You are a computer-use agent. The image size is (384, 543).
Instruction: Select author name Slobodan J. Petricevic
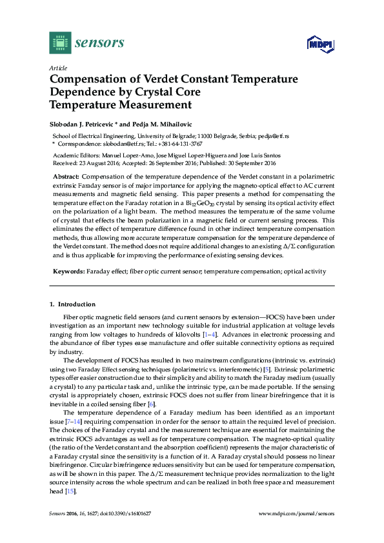(86, 123)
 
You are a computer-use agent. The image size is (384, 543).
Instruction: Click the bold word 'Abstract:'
(65, 176)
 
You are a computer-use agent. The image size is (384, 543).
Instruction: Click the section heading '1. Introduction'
(72, 304)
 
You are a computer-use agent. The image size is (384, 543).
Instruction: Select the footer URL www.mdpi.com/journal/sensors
(296, 513)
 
